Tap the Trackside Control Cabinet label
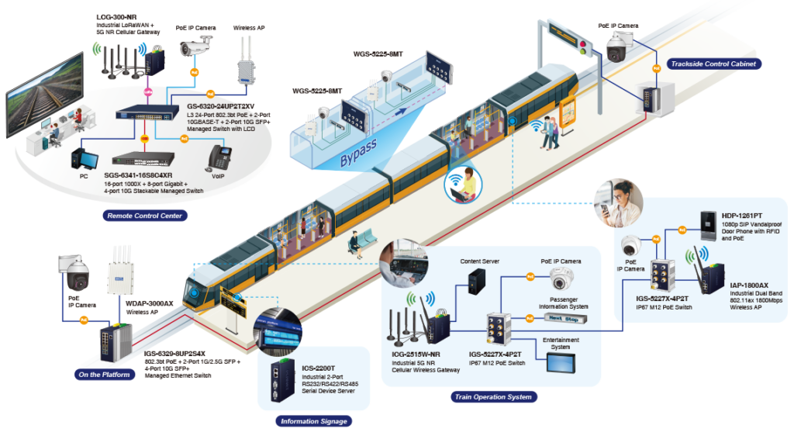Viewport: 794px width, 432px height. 713,64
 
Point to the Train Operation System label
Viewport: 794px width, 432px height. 492,397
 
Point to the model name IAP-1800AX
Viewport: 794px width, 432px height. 739,285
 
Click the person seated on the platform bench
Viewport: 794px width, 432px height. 356,245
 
